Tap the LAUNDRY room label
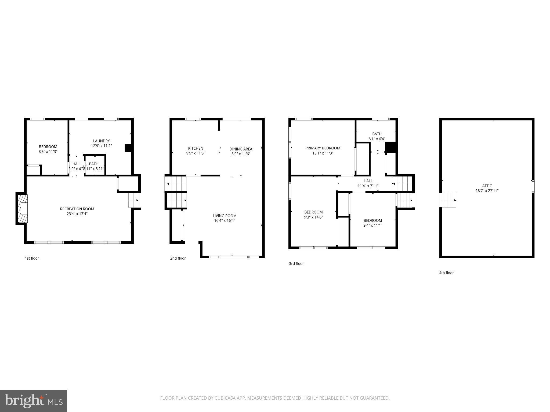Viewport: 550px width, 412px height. point(101,141)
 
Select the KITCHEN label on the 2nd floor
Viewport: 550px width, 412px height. point(196,148)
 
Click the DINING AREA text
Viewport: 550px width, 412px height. point(241,149)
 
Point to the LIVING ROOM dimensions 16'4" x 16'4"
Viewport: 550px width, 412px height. point(225,221)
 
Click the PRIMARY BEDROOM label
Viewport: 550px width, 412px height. point(323,148)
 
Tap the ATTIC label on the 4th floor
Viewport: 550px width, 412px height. point(487,186)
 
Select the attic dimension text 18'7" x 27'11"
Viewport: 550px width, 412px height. point(487,191)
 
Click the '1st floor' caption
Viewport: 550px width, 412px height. point(32,258)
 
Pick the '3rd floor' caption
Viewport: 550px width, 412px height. point(296,264)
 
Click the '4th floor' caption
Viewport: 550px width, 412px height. point(446,273)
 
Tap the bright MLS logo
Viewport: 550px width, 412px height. point(34,401)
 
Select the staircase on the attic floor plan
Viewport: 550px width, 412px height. point(448,200)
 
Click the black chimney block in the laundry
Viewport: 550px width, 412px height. point(128,148)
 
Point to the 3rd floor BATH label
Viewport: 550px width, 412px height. point(377,134)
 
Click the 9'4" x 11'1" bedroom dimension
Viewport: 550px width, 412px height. point(373,226)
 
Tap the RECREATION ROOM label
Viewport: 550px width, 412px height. point(77,209)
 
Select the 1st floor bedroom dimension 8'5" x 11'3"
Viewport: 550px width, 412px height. point(48,152)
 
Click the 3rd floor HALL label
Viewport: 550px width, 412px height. point(368,181)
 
